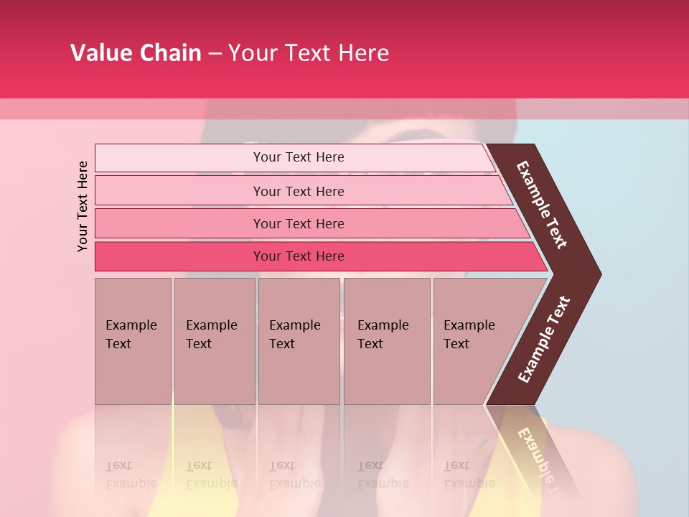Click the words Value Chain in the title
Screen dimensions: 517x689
(136, 53)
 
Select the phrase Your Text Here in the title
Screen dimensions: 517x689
(309, 53)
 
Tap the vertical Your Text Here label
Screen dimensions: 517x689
(83, 206)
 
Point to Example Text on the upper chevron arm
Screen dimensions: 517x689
(542, 205)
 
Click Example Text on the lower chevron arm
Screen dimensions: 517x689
(544, 340)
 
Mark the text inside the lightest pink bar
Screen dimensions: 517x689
(299, 157)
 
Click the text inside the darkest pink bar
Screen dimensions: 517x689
(299, 256)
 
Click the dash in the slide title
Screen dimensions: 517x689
(215, 54)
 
